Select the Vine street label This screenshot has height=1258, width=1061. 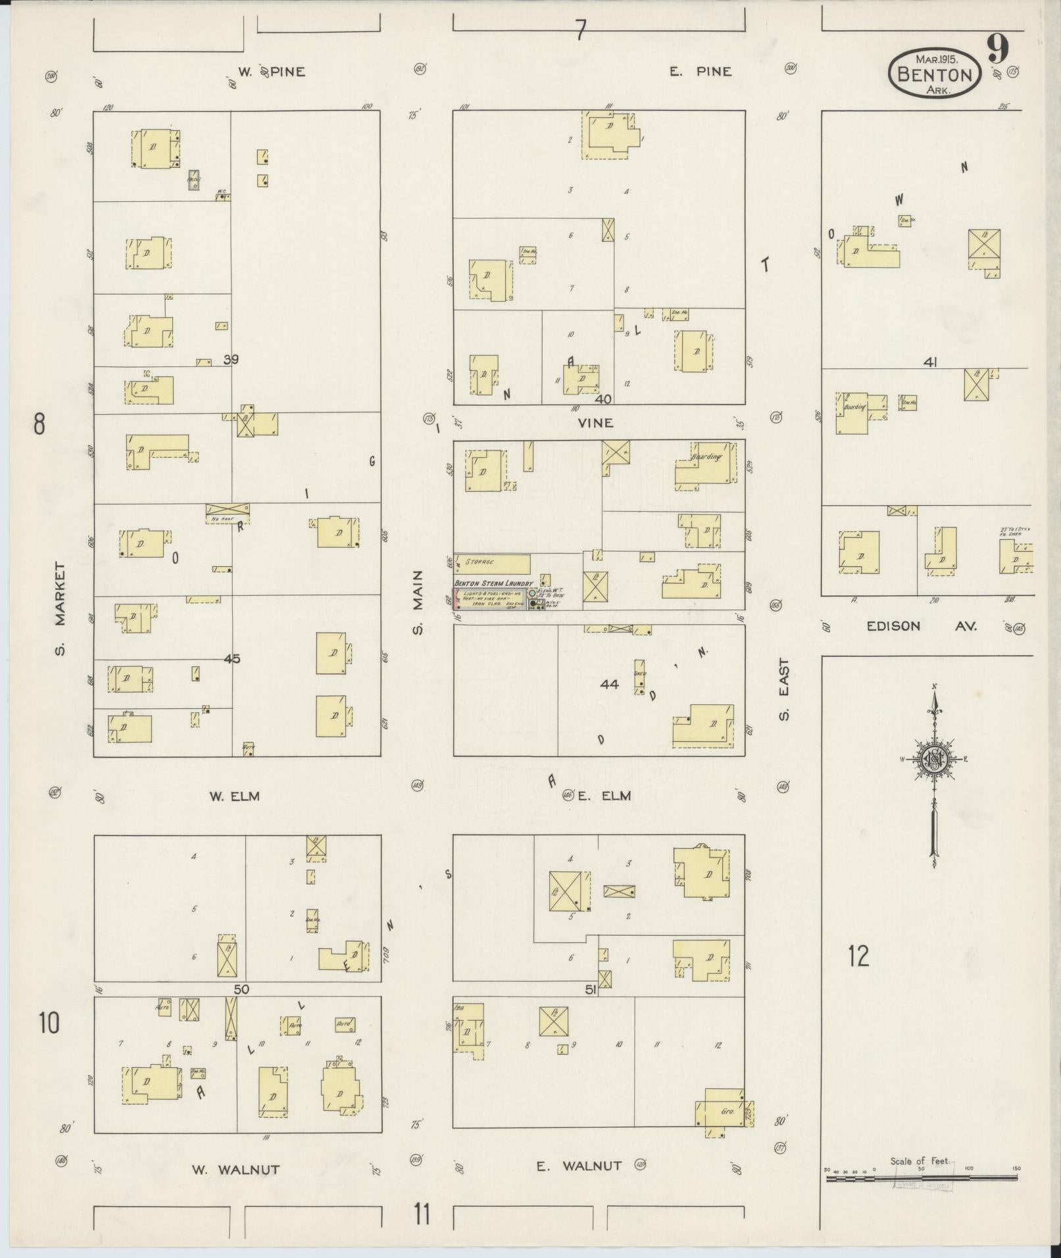pos(595,423)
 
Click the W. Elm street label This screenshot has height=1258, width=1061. pos(234,796)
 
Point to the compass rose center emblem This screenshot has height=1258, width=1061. pos(933,760)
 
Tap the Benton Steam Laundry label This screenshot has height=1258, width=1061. pos(493,583)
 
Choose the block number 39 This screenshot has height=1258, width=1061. pos(231,360)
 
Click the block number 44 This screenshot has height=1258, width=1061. pos(609,685)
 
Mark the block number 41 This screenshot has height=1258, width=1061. pos(929,362)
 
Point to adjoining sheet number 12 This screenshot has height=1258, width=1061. pos(858,956)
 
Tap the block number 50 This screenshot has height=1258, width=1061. pos(241,989)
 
